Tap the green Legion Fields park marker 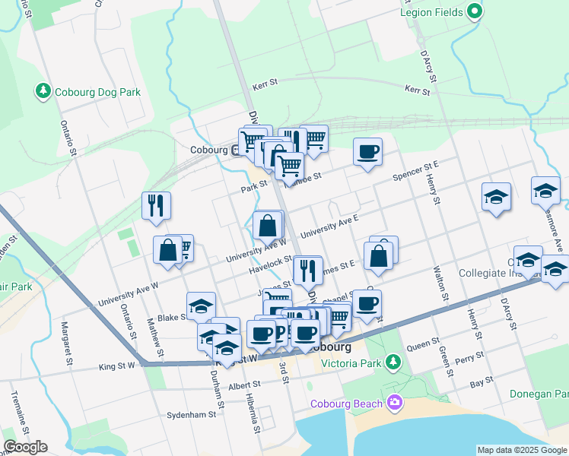click(x=475, y=11)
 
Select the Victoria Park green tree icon click(x=393, y=359)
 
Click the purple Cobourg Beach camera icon click(x=394, y=402)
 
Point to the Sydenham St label click(x=192, y=415)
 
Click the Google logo click(x=25, y=447)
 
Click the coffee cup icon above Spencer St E click(x=368, y=151)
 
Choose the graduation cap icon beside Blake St click(x=201, y=306)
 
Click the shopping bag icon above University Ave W click(x=268, y=225)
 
